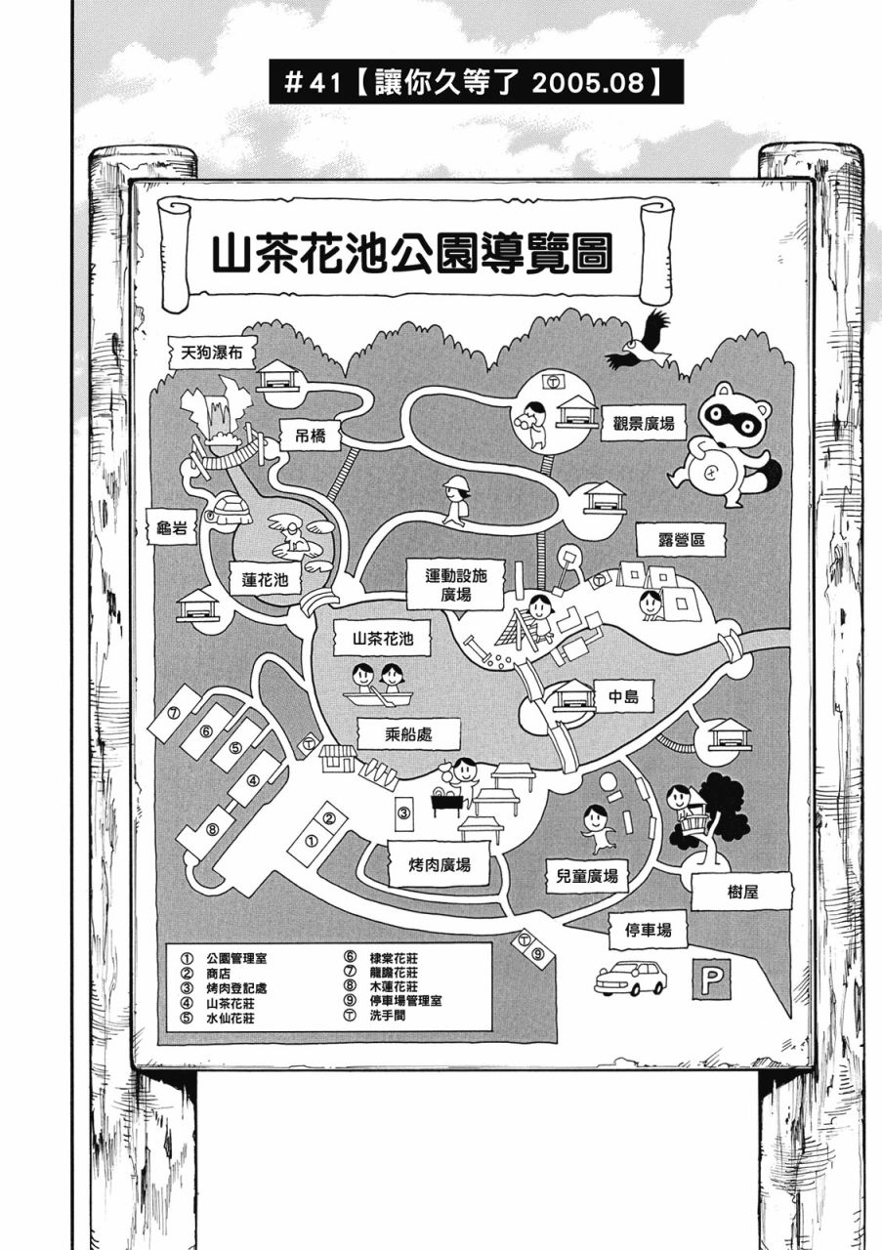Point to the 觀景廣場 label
click(x=644, y=424)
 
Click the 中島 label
click(x=622, y=696)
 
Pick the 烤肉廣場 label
click(x=440, y=864)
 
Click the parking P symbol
click(x=711, y=979)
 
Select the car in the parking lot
click(x=630, y=977)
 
